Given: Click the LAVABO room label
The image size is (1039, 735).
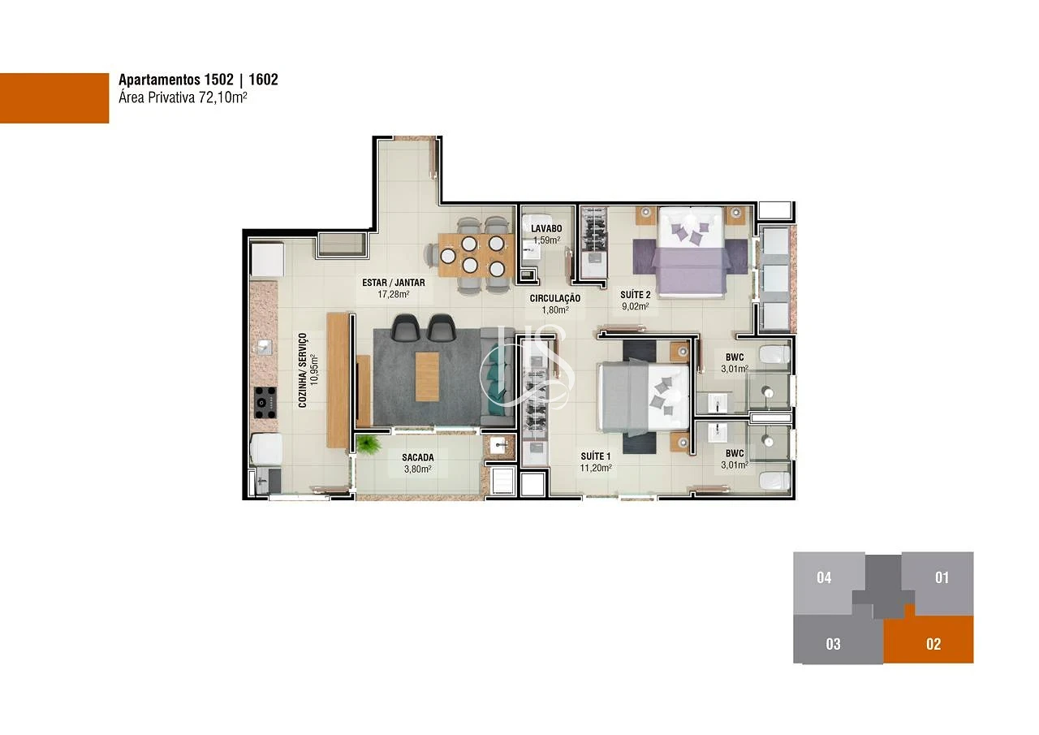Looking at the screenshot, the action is tap(546, 229).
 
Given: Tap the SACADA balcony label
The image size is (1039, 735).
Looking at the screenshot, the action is tap(418, 457).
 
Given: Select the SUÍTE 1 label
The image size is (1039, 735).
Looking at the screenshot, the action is tap(596, 456).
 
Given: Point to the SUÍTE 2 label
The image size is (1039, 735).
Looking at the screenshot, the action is tap(636, 295).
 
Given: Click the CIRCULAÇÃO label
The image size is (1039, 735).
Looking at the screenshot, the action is tap(555, 299).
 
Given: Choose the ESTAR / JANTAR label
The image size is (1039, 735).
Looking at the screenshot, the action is tap(394, 283).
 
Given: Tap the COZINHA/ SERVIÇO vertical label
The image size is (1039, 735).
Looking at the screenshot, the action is tap(303, 370).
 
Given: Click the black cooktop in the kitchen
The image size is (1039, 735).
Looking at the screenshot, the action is tap(265, 402).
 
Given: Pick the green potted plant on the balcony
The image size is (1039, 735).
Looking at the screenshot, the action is tap(368, 444).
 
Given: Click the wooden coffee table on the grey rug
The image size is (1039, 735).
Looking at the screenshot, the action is tap(427, 377).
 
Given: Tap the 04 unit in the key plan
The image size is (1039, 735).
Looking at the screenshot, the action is tap(824, 583).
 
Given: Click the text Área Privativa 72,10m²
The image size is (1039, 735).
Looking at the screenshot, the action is tap(183, 98).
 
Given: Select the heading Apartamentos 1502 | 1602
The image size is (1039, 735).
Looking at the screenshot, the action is tap(199, 80).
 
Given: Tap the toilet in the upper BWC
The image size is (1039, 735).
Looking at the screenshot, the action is tap(774, 355).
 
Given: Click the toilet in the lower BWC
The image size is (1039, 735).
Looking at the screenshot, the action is tap(774, 481).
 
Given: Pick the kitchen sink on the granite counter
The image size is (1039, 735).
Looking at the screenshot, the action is tap(265, 347).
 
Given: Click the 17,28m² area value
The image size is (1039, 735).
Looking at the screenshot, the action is tap(394, 294).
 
